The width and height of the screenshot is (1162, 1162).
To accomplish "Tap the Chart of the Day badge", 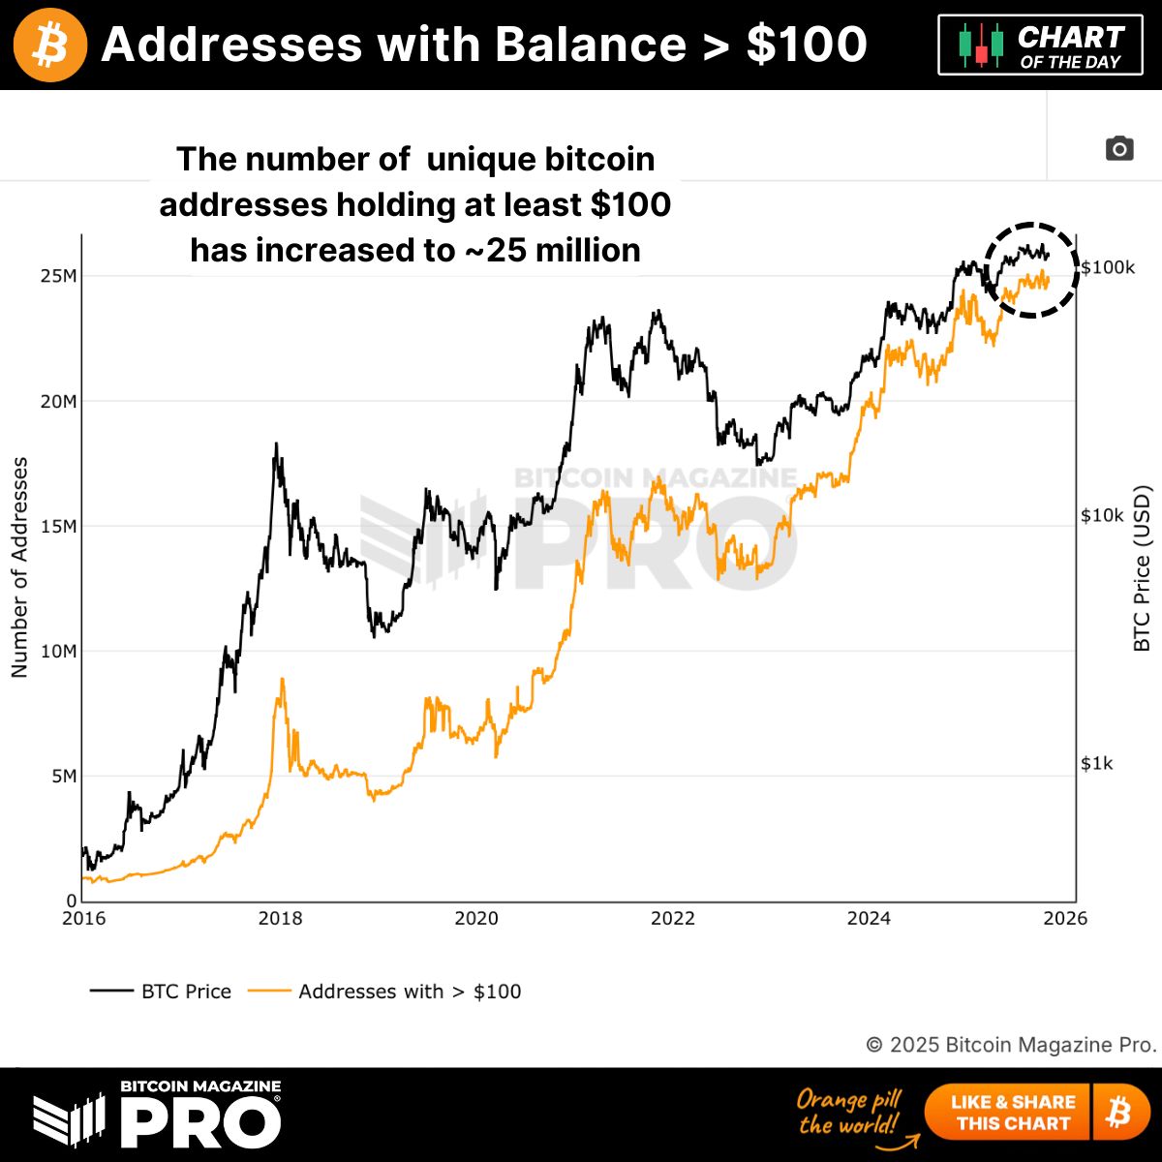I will click(x=1040, y=46).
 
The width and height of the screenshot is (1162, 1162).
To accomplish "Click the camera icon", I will click(x=1119, y=149).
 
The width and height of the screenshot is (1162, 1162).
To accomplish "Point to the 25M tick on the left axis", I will click(x=58, y=276).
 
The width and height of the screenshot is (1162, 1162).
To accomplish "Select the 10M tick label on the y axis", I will click(x=58, y=651).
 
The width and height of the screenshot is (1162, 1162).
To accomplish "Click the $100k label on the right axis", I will click(x=1108, y=267).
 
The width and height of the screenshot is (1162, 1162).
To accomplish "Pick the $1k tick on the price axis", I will click(x=1098, y=764).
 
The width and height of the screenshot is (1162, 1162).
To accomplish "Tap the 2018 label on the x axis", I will click(x=280, y=918).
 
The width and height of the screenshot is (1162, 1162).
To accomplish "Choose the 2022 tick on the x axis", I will click(x=672, y=918).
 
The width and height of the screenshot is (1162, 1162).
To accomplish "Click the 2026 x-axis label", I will click(x=1065, y=918).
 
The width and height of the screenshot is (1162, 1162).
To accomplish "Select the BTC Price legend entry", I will click(x=162, y=992).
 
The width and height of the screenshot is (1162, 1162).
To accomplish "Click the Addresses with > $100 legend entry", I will click(x=385, y=992).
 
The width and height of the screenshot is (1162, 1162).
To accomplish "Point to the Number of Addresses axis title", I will click(x=19, y=567).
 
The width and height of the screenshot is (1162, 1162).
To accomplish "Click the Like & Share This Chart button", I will click(x=1013, y=1113).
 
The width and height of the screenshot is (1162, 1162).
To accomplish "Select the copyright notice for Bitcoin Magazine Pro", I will click(x=1011, y=1045).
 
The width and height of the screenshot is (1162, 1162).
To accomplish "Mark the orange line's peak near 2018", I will click(x=282, y=680).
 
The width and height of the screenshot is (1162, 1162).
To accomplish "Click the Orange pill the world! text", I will click(x=849, y=1112).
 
